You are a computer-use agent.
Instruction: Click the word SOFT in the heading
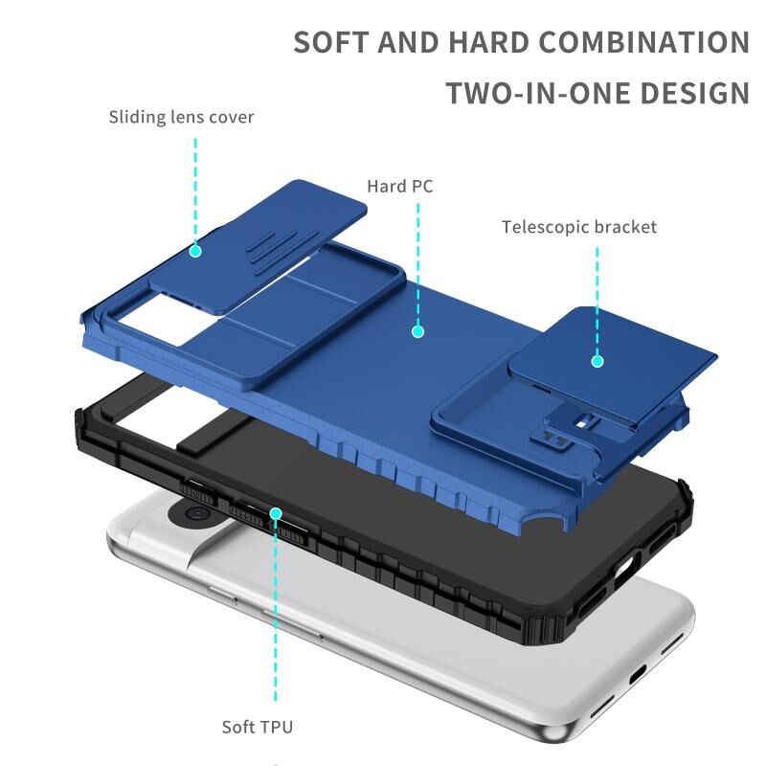point(330,42)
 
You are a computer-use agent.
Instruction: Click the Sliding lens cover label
point(181,118)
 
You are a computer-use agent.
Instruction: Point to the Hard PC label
point(400,186)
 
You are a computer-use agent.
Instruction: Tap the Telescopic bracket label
point(579,227)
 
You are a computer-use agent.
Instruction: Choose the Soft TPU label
point(258,727)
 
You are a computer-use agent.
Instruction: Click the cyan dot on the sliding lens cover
point(195,251)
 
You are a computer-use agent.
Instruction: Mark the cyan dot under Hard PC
point(417,331)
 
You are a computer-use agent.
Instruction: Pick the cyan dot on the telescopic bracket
point(597,361)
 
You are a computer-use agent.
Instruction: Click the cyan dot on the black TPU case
point(276,513)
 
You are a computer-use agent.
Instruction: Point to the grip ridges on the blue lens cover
point(275,253)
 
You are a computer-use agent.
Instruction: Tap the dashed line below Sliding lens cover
point(195,191)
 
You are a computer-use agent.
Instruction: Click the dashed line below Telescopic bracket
point(597,301)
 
